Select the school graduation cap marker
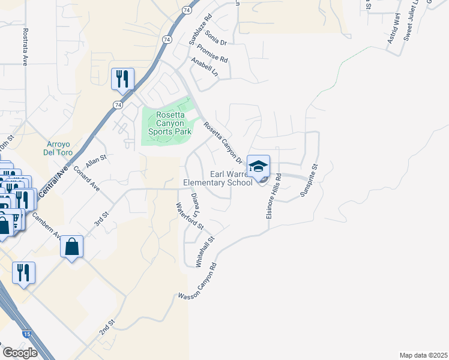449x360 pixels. [x=258, y=167]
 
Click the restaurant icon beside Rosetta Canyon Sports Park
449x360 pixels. [x=122, y=79]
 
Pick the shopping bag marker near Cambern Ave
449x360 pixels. [x=71, y=247]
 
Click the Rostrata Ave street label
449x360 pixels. [x=25, y=46]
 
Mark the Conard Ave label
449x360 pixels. [x=86, y=178]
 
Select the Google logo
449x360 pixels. [x=20, y=353]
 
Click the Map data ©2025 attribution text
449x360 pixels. [x=423, y=355]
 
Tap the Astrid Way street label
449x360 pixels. [x=393, y=30]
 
